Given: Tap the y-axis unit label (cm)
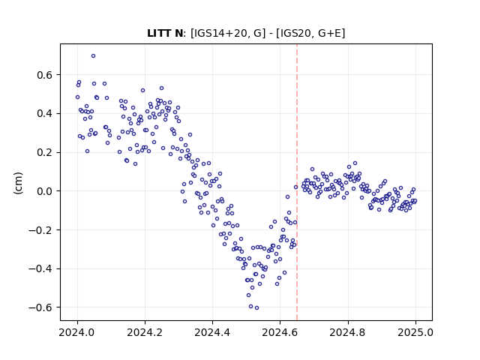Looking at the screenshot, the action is tap(18, 183).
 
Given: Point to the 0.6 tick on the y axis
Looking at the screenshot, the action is tap(44, 75).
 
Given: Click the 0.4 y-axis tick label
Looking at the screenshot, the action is tap(44, 113).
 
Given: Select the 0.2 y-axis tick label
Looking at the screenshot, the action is tap(44, 152).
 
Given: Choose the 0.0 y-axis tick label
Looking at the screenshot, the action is tap(44, 191).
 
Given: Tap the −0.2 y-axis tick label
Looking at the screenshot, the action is tap(40, 230).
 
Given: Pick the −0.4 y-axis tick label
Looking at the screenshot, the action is tap(40, 268).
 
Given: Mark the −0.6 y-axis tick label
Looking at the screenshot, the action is tap(40, 307).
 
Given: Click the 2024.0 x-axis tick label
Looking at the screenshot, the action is tap(77, 332).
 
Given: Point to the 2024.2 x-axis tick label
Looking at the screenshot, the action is tap(145, 332).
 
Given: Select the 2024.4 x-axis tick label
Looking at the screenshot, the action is tap(212, 332).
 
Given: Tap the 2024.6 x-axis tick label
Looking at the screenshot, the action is tap(280, 332).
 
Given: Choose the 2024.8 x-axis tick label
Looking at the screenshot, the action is tap(348, 332).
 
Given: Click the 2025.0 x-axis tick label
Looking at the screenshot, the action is tap(415, 332).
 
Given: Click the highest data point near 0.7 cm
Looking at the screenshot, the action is tap(93, 56).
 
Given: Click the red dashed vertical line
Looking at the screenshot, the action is tap(297, 182).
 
